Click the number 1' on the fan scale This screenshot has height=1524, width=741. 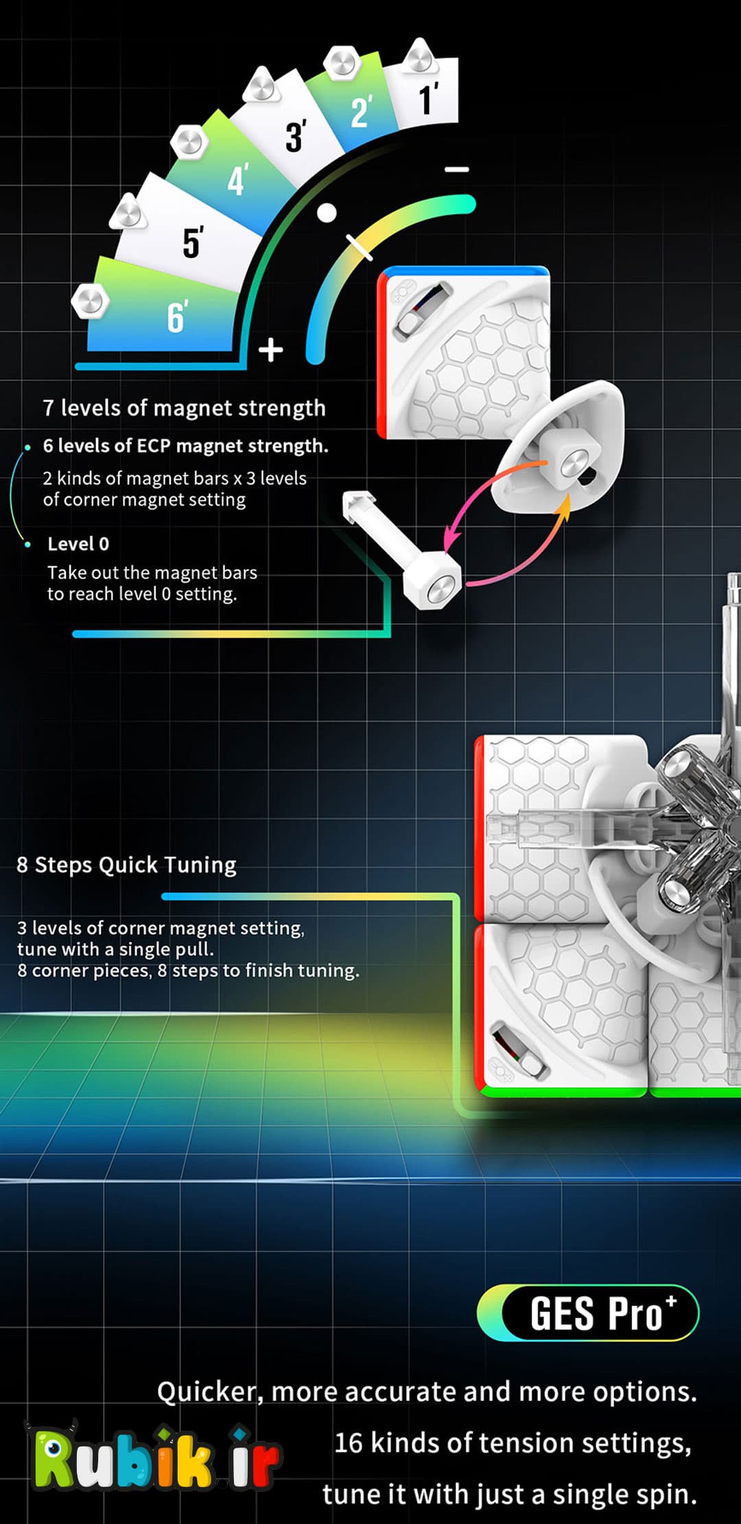pos(428,99)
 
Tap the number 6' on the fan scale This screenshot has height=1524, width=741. pos(176,317)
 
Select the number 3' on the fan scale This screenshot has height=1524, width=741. pos(296,135)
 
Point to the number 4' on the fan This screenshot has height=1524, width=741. pos(237,180)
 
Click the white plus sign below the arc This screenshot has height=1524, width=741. pos(271,349)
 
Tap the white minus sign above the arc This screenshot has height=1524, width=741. pos(457,169)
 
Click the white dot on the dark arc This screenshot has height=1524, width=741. pos(327,213)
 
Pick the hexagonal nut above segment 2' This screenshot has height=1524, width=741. pos(342,63)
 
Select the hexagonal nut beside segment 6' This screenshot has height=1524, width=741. pos(90,300)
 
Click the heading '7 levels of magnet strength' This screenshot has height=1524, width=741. pos(184,408)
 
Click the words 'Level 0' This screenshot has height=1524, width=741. pos(78,544)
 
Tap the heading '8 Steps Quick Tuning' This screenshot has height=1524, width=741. pos(126,865)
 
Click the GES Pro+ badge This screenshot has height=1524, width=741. pos(588,1313)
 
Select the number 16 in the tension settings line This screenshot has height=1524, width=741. pos(349,1443)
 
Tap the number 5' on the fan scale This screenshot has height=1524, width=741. pos(193,242)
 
